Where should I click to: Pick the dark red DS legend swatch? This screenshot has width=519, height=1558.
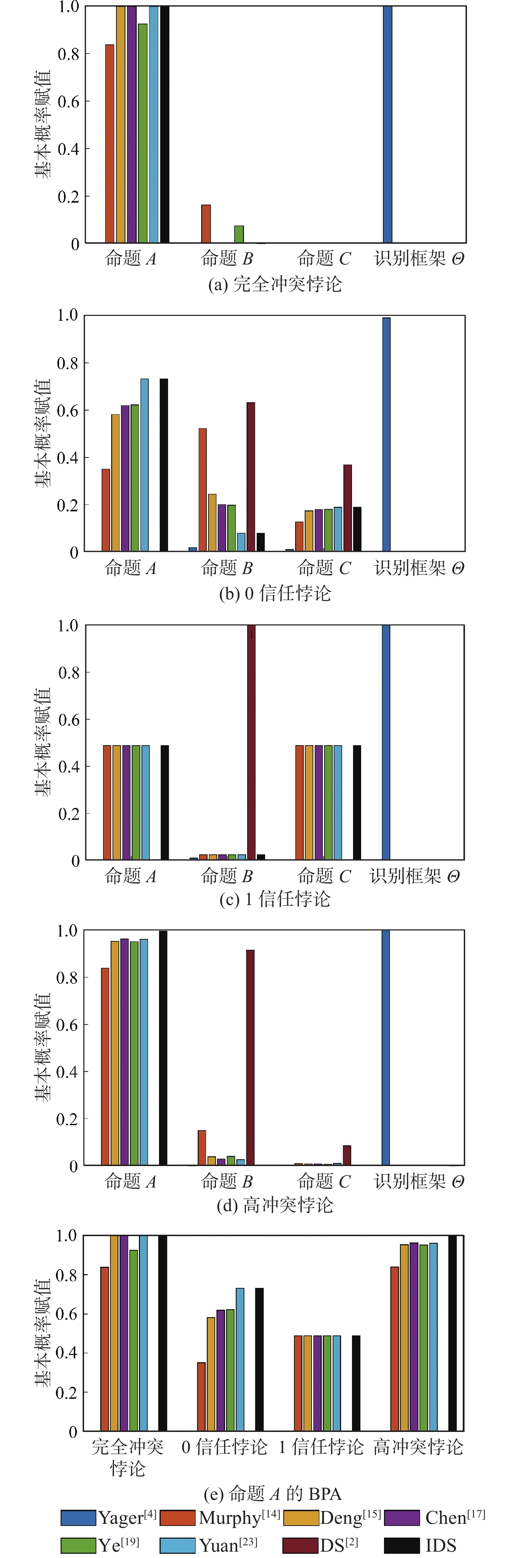[x=300, y=1545]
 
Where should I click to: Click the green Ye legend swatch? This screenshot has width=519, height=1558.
[x=78, y=1545]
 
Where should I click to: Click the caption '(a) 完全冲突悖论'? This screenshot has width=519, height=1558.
[x=275, y=283]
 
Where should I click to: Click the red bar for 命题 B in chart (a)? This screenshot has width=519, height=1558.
[x=206, y=224]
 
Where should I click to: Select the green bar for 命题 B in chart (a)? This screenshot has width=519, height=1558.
[x=239, y=234]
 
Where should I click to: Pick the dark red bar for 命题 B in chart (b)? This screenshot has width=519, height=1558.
[x=250, y=476]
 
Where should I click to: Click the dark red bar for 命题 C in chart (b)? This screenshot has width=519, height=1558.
[x=347, y=508]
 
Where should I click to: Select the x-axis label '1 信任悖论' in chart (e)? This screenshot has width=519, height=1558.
[x=321, y=1447]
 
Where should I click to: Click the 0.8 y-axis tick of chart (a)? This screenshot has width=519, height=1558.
[x=68, y=54]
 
